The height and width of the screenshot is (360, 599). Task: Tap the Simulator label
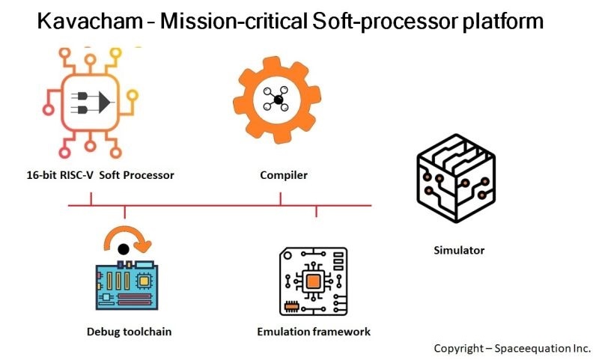(459, 250)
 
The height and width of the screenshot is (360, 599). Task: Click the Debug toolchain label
(124, 331)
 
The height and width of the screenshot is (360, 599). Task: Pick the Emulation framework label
(314, 331)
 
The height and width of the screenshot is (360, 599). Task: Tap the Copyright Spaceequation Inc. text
(512, 348)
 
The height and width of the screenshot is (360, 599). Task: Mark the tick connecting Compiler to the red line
(281, 198)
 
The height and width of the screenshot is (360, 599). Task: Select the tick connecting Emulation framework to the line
(316, 211)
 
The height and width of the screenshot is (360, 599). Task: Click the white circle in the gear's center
(277, 100)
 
